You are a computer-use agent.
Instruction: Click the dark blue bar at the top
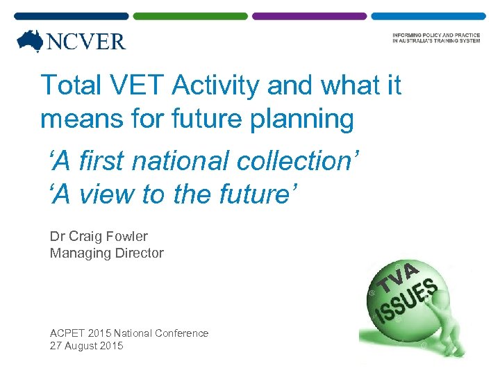72,15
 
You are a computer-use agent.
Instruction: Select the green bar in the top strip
190,15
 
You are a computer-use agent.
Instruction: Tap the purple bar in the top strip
309,15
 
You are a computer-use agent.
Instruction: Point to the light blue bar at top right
428,15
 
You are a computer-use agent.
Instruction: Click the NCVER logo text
86,42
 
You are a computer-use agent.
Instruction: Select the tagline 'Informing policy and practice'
435,35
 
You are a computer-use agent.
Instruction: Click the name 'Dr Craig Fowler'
99,236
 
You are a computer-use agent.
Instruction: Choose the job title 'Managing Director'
107,253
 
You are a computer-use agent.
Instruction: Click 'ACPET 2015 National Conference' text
129,333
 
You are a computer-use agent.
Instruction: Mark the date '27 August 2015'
86,346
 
